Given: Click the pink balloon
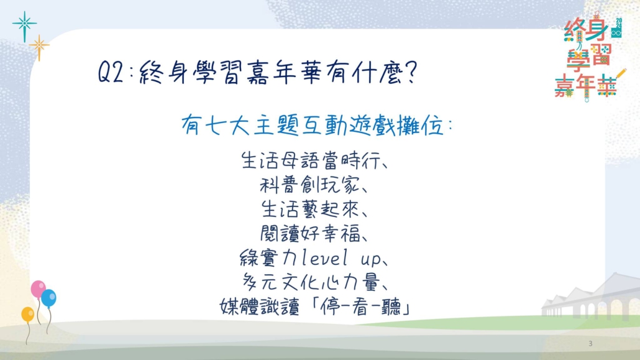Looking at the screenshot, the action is [x=38, y=289].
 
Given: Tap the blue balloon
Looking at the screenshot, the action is [x=48, y=298].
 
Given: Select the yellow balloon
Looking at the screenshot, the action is [x=28, y=314].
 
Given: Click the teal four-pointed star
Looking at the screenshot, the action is [x=24, y=25].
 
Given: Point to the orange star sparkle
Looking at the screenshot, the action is [x=39, y=47].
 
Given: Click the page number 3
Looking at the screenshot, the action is [x=590, y=344].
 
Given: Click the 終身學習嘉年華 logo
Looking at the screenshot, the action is [x=590, y=57].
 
